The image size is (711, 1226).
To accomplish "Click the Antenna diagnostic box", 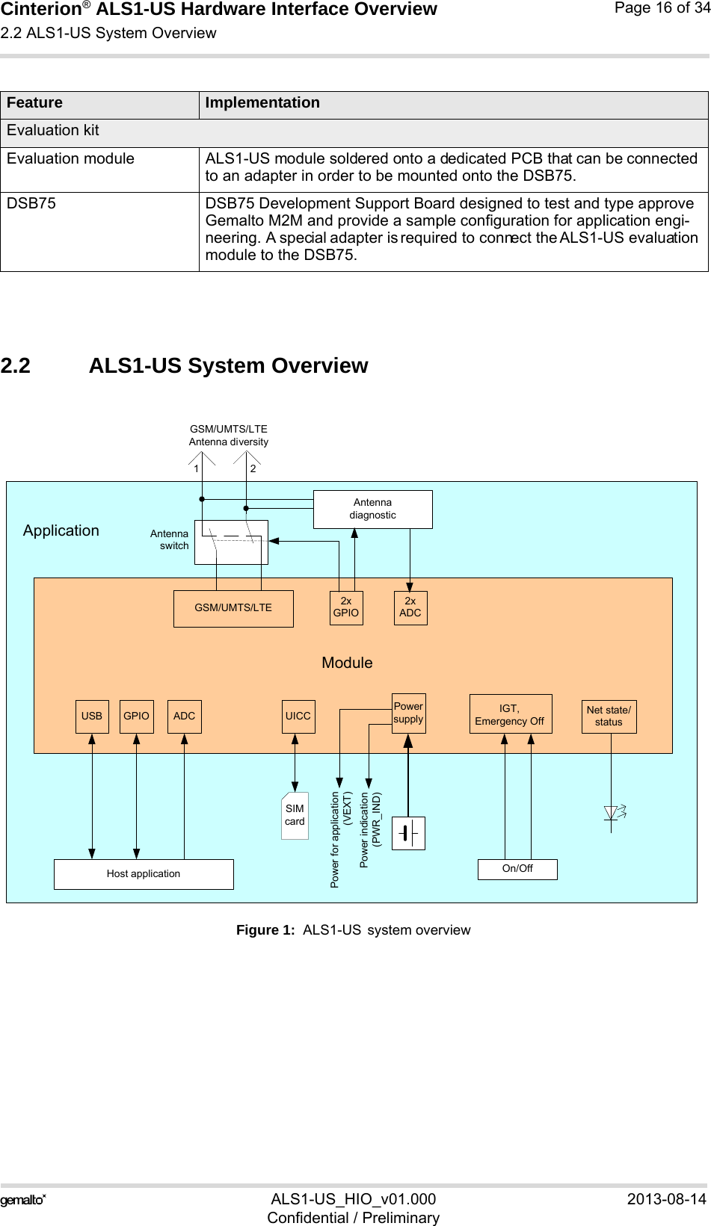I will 372,509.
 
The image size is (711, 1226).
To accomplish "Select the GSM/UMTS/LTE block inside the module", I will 233,608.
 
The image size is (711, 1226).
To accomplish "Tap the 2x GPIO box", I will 346,607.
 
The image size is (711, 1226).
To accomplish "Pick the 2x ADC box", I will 410,607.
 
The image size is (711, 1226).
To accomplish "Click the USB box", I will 92,716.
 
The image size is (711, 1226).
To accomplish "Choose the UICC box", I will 298,716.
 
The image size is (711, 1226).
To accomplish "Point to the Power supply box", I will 408,713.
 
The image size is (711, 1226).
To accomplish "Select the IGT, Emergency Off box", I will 510,713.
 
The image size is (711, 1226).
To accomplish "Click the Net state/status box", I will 609,716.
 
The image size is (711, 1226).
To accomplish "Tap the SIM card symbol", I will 295,815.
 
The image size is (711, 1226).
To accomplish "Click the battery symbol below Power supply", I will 408,833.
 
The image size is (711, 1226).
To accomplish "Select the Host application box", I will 144,873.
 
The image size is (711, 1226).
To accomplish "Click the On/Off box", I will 517,868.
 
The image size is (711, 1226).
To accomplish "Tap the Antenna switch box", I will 231,542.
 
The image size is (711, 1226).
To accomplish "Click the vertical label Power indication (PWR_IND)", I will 370,829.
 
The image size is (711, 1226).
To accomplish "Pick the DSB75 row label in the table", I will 31,203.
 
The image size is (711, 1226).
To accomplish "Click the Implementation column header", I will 262,103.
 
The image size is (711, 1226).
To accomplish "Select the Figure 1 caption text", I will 353,930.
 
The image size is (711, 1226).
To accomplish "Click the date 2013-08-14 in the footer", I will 665,1199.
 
